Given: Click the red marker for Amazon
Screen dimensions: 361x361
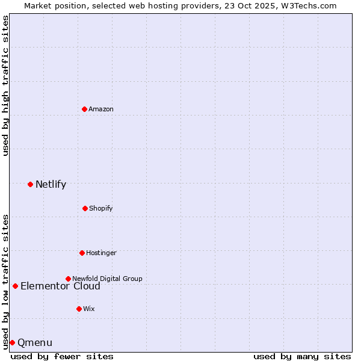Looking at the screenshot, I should pos(84,109).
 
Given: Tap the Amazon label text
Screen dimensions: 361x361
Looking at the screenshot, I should pos(101,109).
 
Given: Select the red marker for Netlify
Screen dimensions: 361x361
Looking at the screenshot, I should pos(30,184).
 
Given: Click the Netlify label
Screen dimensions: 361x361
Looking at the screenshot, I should pos(51,185).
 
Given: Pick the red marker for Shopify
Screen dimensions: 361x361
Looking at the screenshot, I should pos(85,208).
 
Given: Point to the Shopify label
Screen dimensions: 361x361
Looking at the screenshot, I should pos(101,208).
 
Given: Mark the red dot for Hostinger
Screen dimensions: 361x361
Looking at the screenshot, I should pos(82,253).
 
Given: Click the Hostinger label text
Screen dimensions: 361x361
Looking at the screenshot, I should pos(101,253).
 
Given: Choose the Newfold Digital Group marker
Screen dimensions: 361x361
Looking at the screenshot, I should pos(68,279).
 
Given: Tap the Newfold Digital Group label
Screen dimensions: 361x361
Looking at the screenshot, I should pos(107,279).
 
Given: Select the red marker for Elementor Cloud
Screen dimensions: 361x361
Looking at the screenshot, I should pos(15,286).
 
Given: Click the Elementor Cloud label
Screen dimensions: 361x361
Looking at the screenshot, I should pos(60,286).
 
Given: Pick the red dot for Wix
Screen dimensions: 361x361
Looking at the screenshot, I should pos(79,309).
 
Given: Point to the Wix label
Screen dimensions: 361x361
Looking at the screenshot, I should pos(89,309).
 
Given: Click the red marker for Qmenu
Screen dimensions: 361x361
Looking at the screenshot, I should pos(12,342).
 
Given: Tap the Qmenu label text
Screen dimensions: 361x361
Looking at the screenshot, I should pos(35,343).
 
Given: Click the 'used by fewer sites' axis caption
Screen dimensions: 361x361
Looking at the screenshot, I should pos(62,356).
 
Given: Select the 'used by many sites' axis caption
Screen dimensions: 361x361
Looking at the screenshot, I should pos(302,356).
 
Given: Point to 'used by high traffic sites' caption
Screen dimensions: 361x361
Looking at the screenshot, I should pos(5,85).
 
